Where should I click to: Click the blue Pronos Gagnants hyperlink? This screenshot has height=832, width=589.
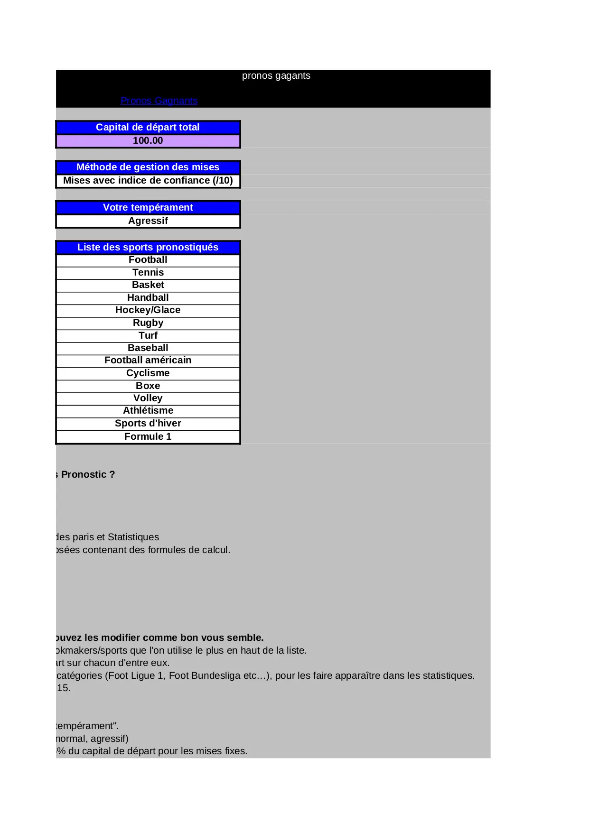point(159,101)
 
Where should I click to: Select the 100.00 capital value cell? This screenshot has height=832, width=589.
point(148,141)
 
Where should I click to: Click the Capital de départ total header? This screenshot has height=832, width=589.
point(148,127)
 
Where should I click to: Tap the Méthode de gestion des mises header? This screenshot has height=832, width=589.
point(148,167)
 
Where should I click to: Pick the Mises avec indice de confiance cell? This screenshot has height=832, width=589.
point(148,181)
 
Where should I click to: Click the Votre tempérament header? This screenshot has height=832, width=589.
point(148,207)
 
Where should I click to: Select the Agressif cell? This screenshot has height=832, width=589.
point(148,221)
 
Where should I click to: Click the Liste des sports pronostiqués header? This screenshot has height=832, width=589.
point(148,247)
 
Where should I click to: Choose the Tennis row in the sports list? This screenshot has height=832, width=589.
point(148,273)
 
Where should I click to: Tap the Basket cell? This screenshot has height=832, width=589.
point(148,285)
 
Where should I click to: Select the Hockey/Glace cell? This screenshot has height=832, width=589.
point(148,310)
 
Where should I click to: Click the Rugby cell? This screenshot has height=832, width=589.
point(148,323)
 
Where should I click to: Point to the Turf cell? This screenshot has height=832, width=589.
point(148,336)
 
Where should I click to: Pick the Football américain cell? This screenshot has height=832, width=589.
point(148,361)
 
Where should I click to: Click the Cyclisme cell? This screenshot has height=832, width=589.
point(148,373)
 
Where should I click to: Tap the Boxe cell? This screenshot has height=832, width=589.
point(148,386)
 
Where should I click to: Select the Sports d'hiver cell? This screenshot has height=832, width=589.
point(148,424)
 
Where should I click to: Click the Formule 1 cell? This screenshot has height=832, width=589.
point(148,437)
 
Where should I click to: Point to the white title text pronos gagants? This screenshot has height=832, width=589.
point(276,76)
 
